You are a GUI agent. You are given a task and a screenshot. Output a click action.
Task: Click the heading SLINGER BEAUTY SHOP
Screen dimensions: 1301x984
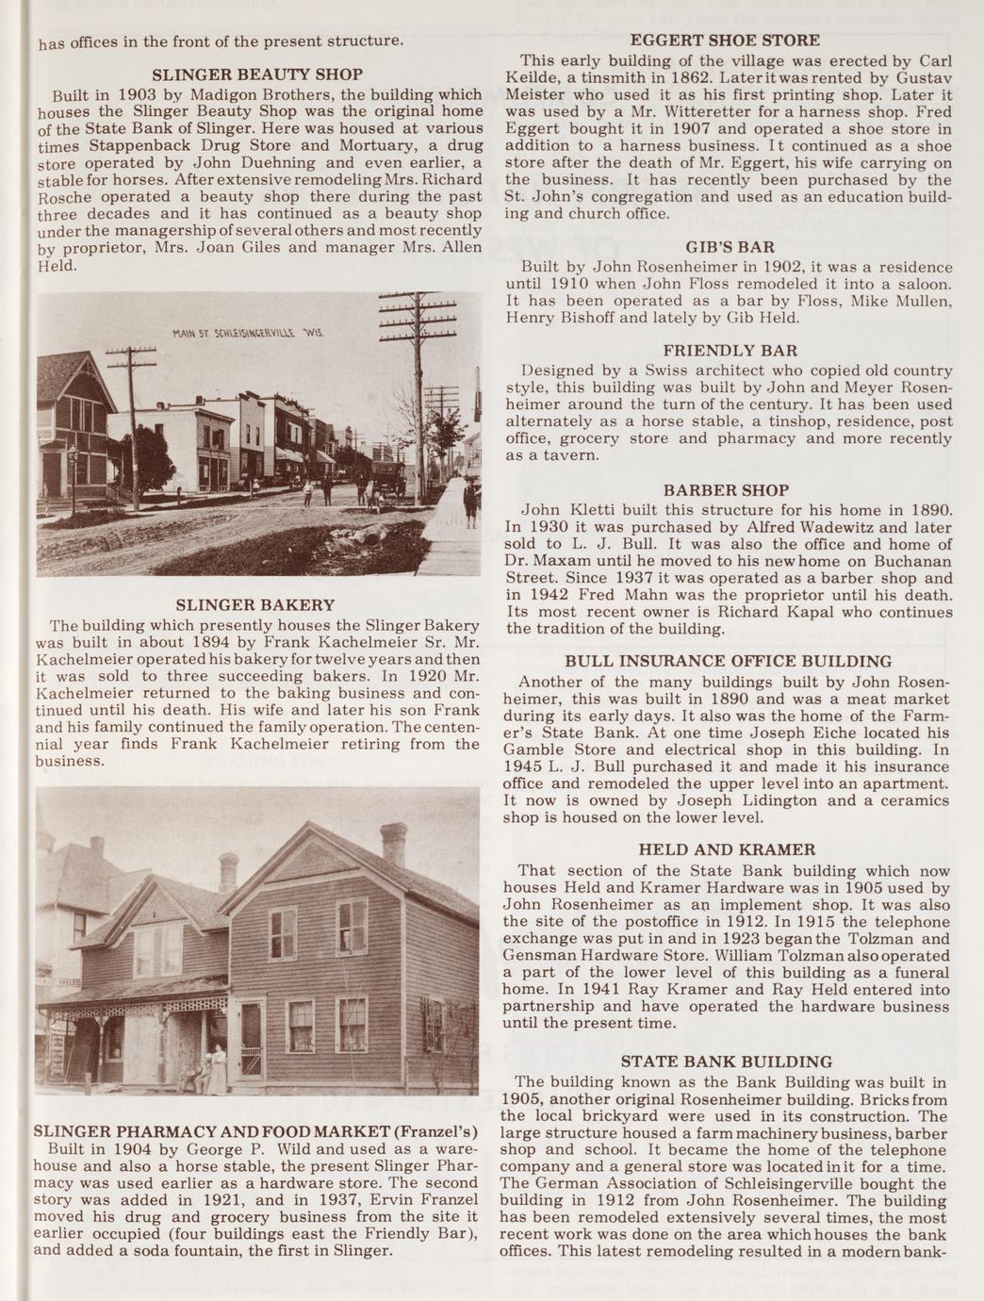point(257,74)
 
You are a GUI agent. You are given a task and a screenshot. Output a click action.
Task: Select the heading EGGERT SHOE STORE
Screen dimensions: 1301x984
point(725,41)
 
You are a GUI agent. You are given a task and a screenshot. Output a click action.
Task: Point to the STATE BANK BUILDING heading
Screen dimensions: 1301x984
point(727,1062)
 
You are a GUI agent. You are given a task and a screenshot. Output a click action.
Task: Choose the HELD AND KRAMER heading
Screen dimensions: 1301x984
point(727,849)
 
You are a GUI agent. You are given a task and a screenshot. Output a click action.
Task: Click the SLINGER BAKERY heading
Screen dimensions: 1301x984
point(255,604)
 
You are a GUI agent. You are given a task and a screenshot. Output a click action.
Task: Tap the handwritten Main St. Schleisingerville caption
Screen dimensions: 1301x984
point(248,336)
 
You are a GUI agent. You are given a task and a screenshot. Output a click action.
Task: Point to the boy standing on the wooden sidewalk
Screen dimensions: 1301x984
point(469,500)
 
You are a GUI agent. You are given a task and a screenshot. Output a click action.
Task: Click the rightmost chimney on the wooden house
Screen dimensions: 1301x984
point(393,844)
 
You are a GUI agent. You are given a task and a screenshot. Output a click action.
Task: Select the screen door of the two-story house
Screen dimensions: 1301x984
point(253,1041)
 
